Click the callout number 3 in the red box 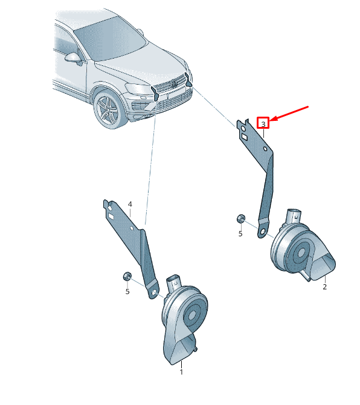263,125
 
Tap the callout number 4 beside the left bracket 130,204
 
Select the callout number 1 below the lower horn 181,372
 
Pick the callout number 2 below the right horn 324,287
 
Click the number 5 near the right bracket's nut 240,234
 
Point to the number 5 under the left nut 127,291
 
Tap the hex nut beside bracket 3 241,218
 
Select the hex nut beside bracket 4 127,276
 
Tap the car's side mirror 74,58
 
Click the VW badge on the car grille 174,83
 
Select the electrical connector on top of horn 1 174,284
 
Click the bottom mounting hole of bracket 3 263,232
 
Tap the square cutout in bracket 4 112,216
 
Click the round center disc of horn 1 192,315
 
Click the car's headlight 138,89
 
